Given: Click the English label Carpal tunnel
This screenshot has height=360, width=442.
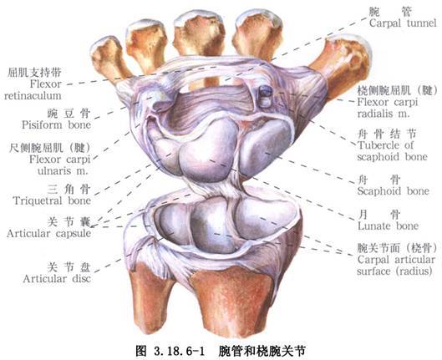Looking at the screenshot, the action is pyautogui.click(x=403, y=23).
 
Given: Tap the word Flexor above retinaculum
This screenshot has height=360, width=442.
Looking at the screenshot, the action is pyautogui.click(x=46, y=84).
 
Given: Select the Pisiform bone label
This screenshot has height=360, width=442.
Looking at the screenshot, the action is pyautogui.click(x=56, y=124).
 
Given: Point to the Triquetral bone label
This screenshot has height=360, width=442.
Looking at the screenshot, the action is pyautogui.click(x=52, y=200).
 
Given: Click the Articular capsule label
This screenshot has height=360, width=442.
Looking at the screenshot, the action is pyautogui.click(x=49, y=233).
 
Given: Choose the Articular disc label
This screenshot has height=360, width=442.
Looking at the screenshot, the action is pyautogui.click(x=57, y=279).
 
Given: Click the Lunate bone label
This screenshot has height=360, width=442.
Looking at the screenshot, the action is pyautogui.click(x=389, y=226).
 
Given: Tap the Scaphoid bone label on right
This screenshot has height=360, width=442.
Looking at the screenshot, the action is pyautogui.click(x=394, y=191).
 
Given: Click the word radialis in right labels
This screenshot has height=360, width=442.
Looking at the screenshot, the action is pyautogui.click(x=376, y=114).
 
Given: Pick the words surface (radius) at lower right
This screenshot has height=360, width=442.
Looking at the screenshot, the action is pyautogui.click(x=394, y=271).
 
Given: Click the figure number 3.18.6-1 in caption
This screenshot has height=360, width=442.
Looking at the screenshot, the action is pyautogui.click(x=179, y=352).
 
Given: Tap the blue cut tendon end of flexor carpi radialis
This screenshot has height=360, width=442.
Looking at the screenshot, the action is pyautogui.click(x=266, y=91).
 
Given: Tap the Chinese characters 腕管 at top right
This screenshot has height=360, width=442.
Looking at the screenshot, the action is pyautogui.click(x=390, y=11).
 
